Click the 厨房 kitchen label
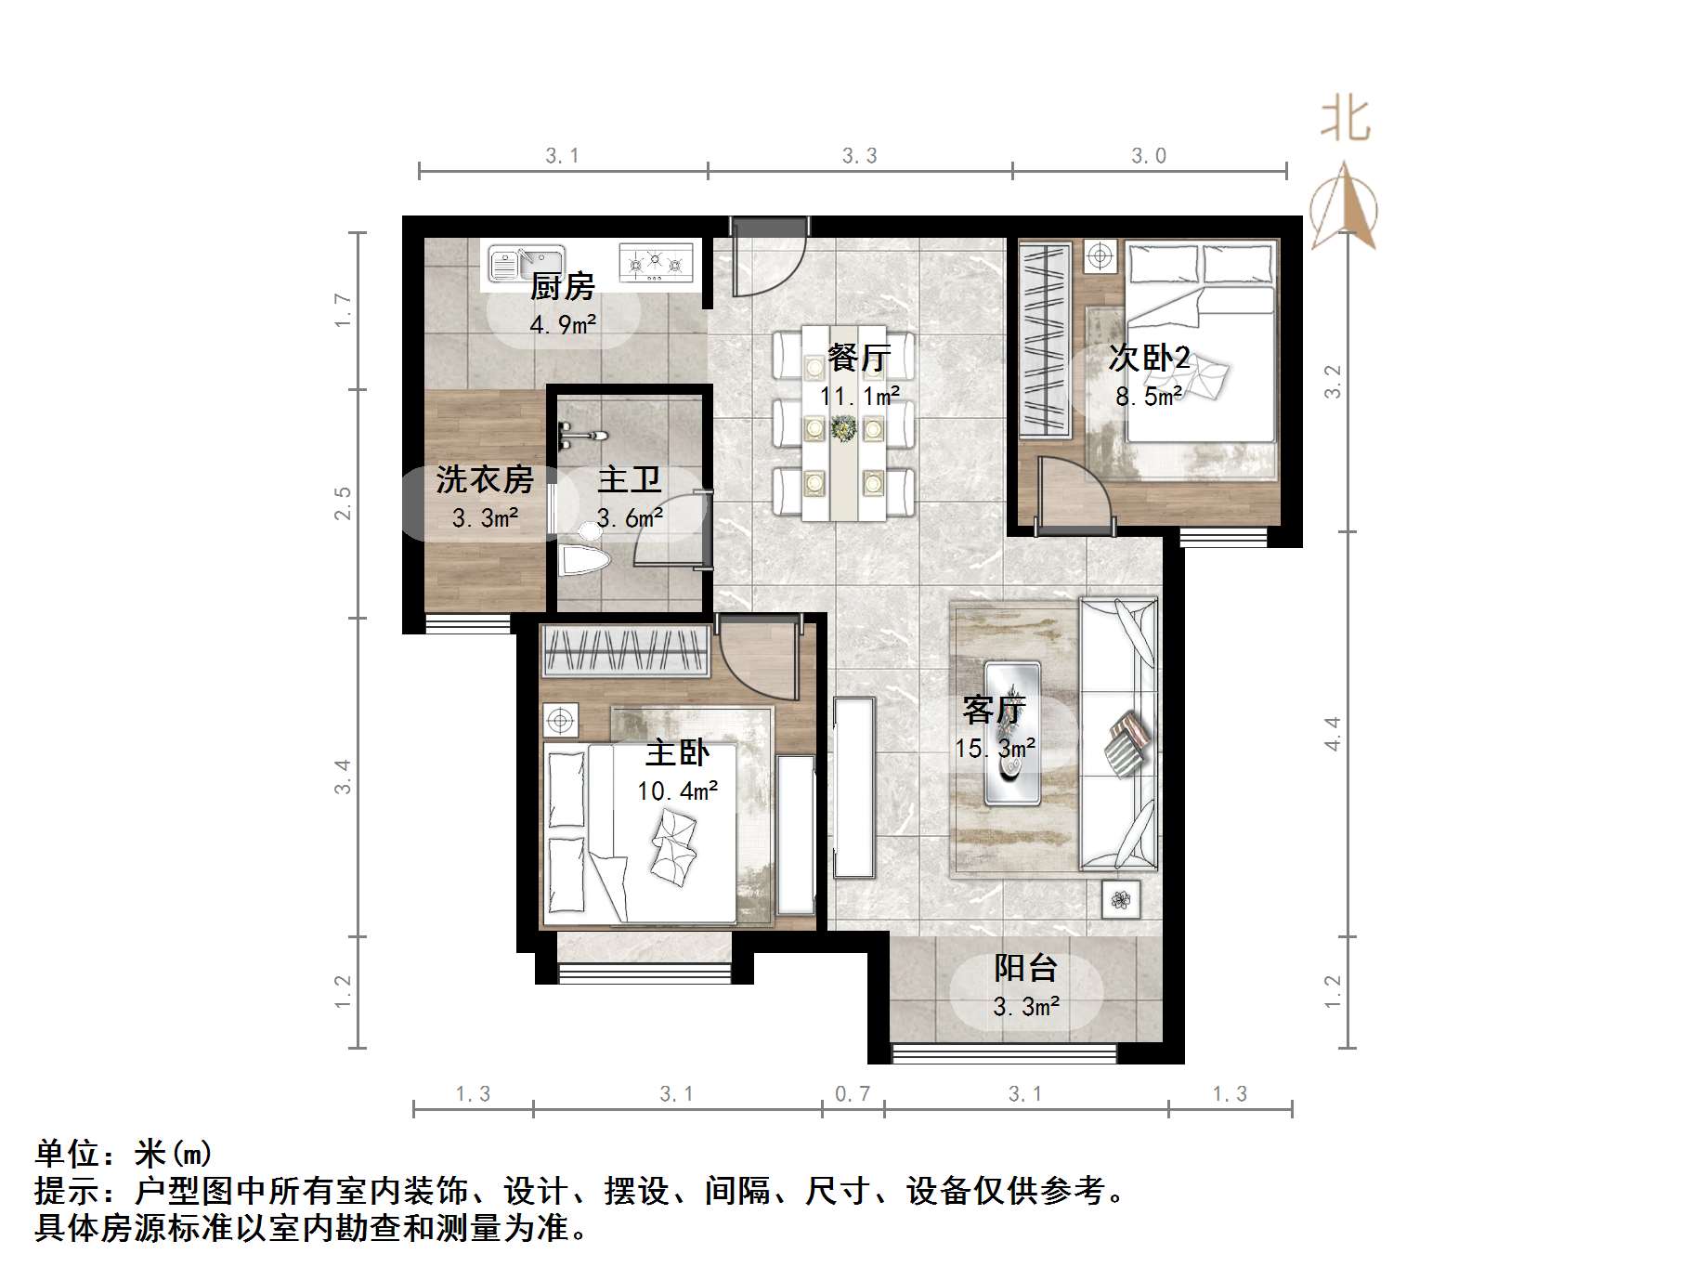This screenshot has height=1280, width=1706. coord(562,286)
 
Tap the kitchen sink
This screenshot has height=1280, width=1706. coord(526,263)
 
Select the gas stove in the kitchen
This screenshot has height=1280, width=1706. coord(656,262)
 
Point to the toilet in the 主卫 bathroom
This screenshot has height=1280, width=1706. coord(583,555)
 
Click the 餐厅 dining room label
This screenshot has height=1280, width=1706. coord(859,358)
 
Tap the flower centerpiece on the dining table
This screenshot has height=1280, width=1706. coord(844,428)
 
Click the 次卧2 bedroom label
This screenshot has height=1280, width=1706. coord(1149,358)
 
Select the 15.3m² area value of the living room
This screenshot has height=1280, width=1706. coord(995,749)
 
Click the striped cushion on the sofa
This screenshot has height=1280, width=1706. coord(1127,742)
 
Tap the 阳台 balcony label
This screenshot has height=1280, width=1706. coord(1025,968)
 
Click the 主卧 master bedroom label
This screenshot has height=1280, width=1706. coord(677,752)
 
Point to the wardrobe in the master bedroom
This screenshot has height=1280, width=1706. coord(625,649)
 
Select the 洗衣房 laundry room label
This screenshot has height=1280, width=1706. coord(485,479)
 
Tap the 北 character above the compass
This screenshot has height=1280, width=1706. coord(1345,122)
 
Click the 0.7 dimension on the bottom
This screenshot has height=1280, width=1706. coord(853,1094)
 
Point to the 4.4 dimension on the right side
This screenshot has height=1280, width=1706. coord(1333,733)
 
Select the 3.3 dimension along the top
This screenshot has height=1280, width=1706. coord(859,156)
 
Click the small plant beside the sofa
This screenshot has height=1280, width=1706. coord(1120,898)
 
